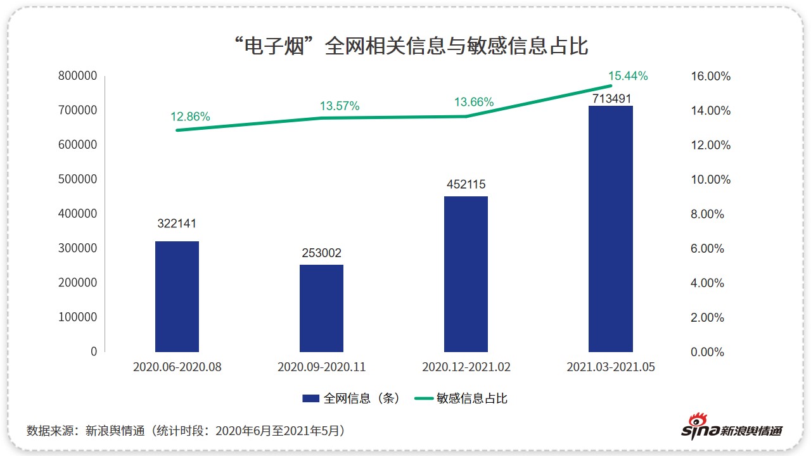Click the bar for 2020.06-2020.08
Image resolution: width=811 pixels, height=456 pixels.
click(x=177, y=296)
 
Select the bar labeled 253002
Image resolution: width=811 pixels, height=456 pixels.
click(x=321, y=308)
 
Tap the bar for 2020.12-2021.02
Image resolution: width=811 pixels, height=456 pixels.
click(x=466, y=274)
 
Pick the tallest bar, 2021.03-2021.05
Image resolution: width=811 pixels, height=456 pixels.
click(x=610, y=229)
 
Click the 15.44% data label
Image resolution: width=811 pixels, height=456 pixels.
click(x=628, y=76)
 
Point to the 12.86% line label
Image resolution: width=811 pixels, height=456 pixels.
click(x=190, y=117)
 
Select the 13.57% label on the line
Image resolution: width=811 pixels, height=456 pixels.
click(x=339, y=106)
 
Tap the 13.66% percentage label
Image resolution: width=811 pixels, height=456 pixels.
click(x=474, y=103)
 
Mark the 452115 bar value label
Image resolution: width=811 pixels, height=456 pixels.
click(x=466, y=184)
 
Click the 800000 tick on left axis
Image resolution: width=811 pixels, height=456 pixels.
click(x=77, y=76)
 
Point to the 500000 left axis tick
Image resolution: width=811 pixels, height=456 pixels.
click(x=77, y=179)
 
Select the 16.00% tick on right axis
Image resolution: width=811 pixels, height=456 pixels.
click(x=710, y=77)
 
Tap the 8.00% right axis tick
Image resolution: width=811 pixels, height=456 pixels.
click(x=707, y=214)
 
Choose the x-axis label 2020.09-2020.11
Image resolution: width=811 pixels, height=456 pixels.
click(x=321, y=367)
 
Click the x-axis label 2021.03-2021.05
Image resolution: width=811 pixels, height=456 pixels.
click(x=610, y=367)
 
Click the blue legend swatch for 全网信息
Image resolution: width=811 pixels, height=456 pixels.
click(x=310, y=398)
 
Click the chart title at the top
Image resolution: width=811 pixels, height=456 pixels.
click(x=411, y=46)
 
